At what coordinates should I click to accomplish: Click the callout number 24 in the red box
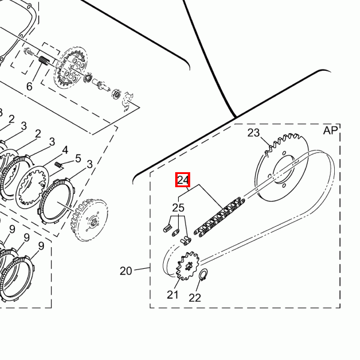click(183, 179)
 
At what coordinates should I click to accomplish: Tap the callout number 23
click(253, 133)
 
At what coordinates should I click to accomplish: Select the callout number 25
click(178, 208)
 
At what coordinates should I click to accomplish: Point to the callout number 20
click(126, 271)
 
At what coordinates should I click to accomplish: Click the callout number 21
click(173, 295)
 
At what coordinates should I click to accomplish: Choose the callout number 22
click(194, 298)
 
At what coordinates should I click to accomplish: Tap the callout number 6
click(29, 86)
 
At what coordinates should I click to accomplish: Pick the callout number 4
click(65, 150)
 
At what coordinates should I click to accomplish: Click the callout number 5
click(78, 158)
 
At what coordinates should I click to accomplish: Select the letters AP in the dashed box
click(331, 130)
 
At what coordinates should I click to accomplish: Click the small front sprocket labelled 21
click(188, 266)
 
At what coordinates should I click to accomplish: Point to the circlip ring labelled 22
click(203, 274)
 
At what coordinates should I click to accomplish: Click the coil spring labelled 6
click(43, 61)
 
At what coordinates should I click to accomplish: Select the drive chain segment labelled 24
click(219, 217)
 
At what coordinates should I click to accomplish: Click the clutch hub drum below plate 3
click(89, 220)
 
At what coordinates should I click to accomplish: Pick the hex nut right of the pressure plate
click(116, 94)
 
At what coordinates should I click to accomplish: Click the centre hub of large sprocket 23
click(284, 169)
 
